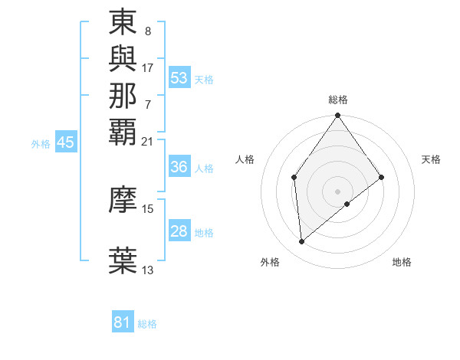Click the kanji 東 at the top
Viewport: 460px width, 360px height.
point(123,23)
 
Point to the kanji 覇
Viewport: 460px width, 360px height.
point(123,130)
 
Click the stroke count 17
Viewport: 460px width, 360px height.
point(148,67)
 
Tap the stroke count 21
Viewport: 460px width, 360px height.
point(148,141)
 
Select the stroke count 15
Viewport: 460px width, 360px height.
point(148,208)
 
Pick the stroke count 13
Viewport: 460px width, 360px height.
point(148,270)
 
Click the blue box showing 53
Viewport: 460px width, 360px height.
point(179,78)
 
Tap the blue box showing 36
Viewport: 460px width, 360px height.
point(179,166)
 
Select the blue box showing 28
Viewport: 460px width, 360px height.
point(179,231)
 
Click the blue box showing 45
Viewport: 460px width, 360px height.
point(66,142)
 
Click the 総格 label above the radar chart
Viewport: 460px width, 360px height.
point(338,100)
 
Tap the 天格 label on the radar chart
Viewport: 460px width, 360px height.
point(431,159)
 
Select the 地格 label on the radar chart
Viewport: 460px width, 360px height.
point(402,262)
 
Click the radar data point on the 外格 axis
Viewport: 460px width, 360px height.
point(302,242)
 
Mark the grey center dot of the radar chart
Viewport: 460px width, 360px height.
point(338,191)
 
